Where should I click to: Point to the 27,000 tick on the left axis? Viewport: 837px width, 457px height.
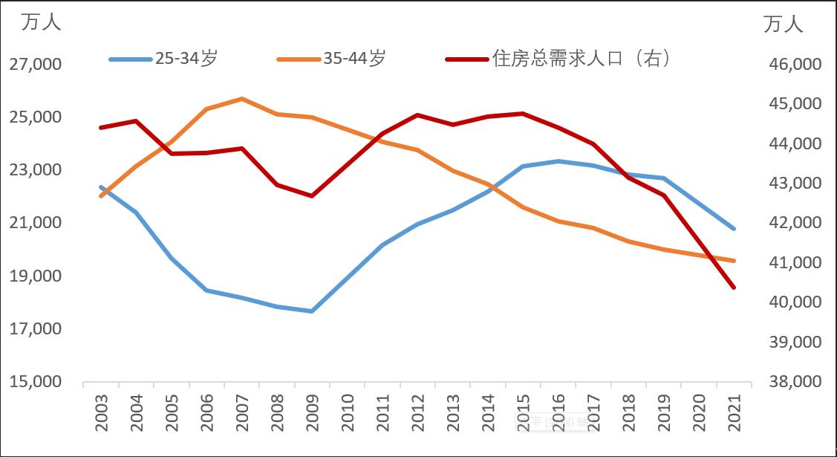[36, 65]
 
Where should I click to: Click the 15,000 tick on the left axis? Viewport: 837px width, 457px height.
[36, 382]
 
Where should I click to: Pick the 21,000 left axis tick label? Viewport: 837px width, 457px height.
[36, 224]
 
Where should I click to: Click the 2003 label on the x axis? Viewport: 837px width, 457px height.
[102, 409]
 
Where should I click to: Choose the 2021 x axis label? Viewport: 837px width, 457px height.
[735, 409]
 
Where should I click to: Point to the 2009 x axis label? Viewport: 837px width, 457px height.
[312, 409]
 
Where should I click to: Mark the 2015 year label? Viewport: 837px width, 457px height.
[523, 409]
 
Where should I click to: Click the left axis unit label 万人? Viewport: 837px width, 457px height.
[42, 22]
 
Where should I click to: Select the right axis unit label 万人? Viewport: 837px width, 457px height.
[784, 24]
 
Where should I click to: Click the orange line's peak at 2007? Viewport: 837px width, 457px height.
[242, 98]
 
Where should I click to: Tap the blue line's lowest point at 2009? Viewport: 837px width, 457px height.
[312, 311]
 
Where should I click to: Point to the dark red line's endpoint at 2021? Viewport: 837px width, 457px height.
[734, 287]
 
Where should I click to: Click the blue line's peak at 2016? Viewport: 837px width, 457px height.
[558, 161]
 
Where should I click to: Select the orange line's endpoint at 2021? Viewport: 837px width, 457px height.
[734, 261]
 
